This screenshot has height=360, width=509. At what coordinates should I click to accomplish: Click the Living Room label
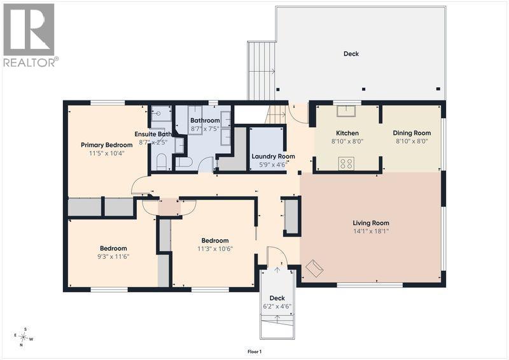(x=371, y=223)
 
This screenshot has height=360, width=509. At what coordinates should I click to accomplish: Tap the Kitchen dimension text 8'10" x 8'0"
(x=347, y=142)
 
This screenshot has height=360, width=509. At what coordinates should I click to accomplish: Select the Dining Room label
(x=412, y=133)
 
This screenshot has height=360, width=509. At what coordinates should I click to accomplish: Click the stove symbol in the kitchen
(x=346, y=163)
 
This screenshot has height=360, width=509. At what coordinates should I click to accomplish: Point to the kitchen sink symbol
(x=346, y=111)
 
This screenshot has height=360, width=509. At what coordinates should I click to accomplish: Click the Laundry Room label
(x=273, y=156)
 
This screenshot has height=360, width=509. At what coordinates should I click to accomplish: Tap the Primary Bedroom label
(x=106, y=145)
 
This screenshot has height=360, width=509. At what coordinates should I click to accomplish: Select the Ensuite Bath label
(x=153, y=134)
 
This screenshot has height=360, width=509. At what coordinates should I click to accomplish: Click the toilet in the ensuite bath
(x=162, y=162)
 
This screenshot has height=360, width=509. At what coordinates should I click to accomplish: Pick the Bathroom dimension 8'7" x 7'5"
(x=205, y=129)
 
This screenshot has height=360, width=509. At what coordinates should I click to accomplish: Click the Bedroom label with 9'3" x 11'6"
(x=113, y=248)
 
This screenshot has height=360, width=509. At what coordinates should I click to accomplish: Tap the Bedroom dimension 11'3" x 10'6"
(x=215, y=249)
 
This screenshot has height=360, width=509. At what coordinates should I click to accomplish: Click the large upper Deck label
(x=351, y=54)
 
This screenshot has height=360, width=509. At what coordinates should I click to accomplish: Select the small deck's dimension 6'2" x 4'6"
(x=277, y=307)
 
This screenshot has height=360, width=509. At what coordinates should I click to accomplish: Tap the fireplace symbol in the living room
(x=314, y=268)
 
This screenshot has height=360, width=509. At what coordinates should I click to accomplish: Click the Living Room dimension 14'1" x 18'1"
(x=371, y=232)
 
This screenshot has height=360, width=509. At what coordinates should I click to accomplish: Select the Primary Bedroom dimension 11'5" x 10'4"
(x=106, y=153)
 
